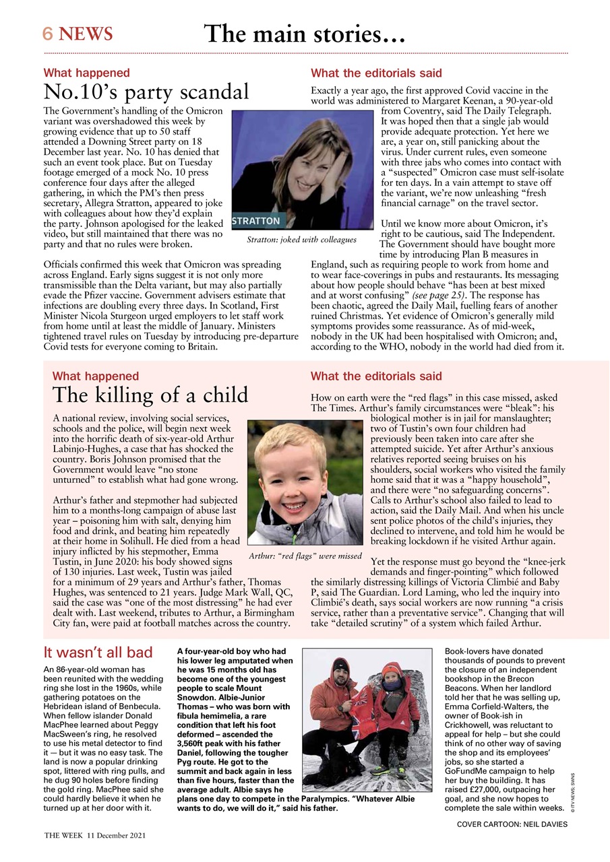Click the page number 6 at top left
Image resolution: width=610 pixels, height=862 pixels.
(x=47, y=34)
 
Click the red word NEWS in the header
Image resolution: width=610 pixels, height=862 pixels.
(x=86, y=34)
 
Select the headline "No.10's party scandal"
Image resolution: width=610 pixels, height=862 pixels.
(x=146, y=92)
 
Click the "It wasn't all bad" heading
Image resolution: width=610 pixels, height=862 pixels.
(x=98, y=652)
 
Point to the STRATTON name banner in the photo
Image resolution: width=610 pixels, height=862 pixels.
(x=256, y=221)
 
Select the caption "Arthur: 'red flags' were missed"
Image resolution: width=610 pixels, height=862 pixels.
(x=305, y=556)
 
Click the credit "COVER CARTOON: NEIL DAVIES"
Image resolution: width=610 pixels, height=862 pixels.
(x=512, y=824)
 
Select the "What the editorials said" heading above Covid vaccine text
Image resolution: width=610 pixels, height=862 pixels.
(x=376, y=73)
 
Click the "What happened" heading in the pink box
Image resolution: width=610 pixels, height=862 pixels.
(x=95, y=376)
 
